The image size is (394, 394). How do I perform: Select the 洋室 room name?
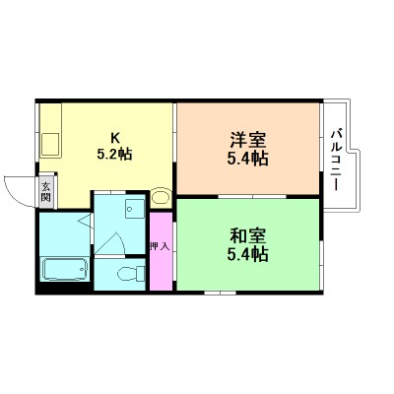click(x=247, y=140)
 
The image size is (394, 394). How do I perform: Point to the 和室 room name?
click(x=247, y=237)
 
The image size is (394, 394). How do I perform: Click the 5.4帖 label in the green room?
click(x=247, y=254)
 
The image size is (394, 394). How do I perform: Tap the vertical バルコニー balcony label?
click(x=337, y=158)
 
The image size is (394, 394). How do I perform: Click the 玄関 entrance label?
click(x=45, y=192)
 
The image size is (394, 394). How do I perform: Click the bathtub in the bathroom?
click(x=65, y=269)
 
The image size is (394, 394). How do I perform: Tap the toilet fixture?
click(x=126, y=273)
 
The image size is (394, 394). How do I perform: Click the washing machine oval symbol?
click(x=161, y=196)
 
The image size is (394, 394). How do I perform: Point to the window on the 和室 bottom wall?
click(x=219, y=293)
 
